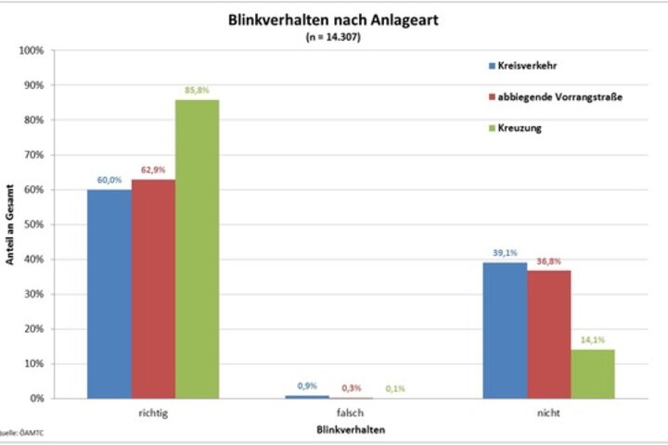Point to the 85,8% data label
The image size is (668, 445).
196,90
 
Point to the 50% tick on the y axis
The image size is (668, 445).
33,224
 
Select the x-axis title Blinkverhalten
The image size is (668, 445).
351,432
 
